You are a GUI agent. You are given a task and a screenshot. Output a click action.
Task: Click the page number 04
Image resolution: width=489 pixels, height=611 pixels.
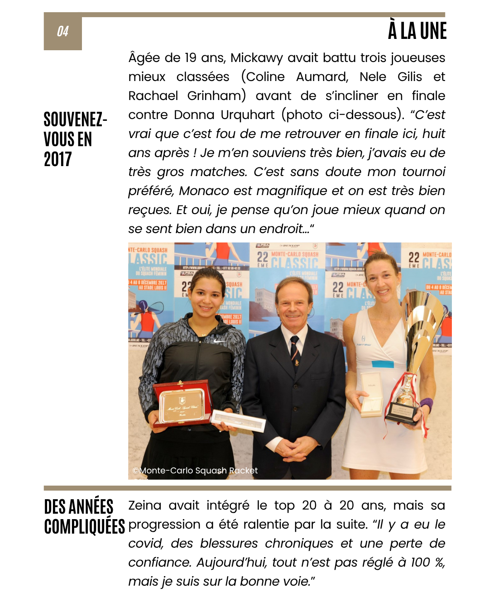(62, 31)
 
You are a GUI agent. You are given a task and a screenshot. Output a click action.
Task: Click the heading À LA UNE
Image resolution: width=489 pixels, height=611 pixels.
(417, 31)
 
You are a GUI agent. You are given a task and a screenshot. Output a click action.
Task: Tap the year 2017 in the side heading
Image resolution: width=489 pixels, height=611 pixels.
(58, 159)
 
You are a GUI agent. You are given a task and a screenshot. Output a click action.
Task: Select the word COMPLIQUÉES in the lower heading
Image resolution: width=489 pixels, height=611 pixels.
(85, 526)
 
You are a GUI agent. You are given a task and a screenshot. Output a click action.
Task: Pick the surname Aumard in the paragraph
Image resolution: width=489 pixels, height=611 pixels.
(322, 77)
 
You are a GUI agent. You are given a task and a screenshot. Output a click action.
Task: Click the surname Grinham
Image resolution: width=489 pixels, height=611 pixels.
(216, 96)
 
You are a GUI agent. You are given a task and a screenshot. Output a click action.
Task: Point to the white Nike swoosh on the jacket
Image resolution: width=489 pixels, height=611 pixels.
(220, 340)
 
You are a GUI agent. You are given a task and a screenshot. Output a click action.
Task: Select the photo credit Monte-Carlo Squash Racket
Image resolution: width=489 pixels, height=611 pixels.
(195, 471)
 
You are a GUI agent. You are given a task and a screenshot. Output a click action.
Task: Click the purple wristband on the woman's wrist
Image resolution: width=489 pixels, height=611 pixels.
(426, 404)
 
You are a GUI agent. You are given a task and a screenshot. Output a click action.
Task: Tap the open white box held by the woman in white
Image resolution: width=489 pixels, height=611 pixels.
(371, 394)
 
